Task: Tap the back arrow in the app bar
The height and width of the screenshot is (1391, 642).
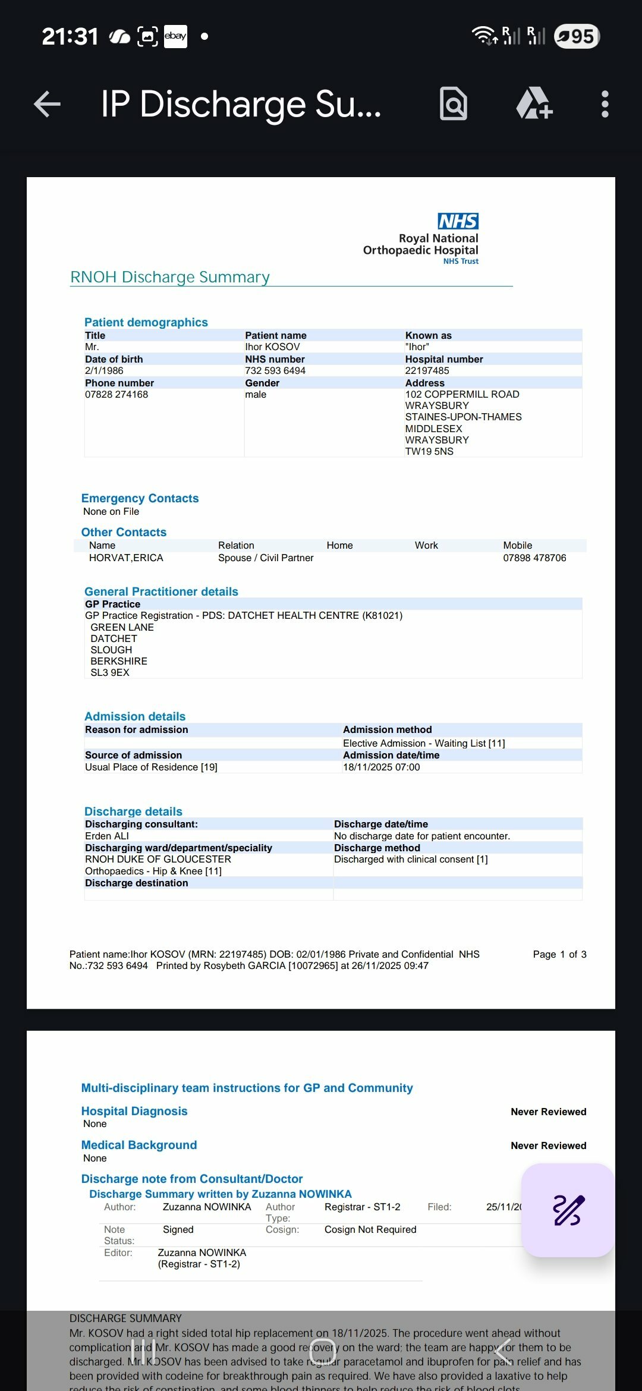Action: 48,105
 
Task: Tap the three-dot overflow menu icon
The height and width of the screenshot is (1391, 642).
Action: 605,105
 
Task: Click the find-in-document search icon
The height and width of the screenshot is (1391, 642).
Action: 454,104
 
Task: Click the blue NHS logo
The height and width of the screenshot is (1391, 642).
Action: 458,221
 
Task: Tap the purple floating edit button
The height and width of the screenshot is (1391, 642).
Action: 568,1210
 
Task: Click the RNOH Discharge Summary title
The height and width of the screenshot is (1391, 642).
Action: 170,277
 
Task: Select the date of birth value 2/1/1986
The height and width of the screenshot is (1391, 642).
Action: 104,370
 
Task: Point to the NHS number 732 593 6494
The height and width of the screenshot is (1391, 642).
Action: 275,370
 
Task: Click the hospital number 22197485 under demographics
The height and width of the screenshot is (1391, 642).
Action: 427,370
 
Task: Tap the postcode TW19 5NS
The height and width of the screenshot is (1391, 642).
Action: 429,451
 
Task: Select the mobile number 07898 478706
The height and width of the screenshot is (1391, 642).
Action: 534,558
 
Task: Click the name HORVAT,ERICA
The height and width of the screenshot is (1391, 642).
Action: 126,558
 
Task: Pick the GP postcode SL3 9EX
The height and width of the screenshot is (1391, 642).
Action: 110,672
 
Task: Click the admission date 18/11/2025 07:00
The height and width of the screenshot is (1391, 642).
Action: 381,767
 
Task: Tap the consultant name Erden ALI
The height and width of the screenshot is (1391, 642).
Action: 107,836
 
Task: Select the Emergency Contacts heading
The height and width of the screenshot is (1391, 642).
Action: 140,498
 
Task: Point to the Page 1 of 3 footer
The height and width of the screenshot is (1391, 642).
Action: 559,954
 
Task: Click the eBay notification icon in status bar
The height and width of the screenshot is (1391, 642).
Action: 175,36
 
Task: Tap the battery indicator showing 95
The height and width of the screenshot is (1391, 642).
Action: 577,36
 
